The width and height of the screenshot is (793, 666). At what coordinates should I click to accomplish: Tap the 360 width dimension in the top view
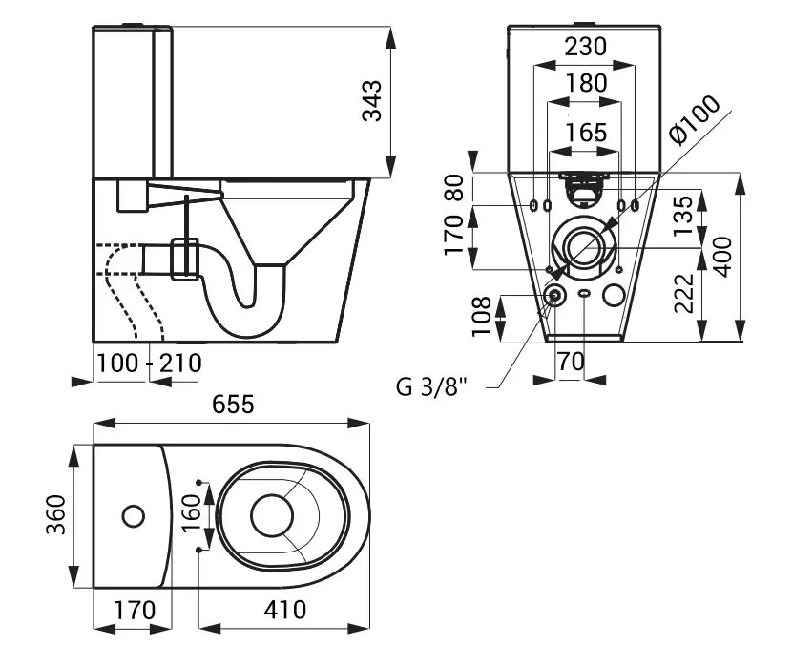click(54, 516)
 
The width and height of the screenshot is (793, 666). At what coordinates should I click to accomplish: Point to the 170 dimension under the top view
click(133, 608)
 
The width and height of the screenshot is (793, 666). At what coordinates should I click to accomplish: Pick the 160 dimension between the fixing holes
click(191, 515)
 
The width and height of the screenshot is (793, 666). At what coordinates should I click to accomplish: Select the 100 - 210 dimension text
click(148, 364)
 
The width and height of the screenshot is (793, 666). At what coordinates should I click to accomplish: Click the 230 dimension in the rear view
click(585, 47)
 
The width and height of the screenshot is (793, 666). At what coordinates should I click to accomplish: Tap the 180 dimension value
click(585, 83)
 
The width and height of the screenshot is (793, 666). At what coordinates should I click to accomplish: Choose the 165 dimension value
click(585, 132)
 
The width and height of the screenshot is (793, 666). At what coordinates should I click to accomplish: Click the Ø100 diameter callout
click(695, 122)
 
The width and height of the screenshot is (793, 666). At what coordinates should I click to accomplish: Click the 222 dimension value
click(681, 294)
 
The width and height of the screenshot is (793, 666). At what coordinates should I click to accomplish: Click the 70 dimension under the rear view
click(571, 363)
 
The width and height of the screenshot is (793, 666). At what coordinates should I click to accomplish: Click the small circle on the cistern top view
click(134, 516)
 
